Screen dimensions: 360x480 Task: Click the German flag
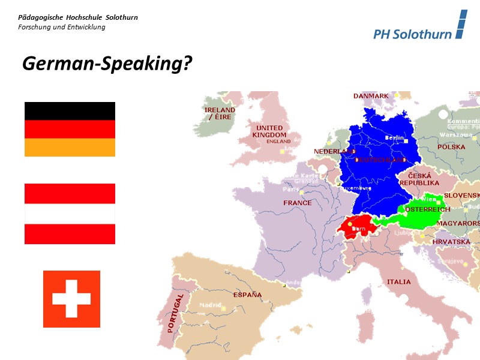70,129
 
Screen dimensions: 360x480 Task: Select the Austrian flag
70,214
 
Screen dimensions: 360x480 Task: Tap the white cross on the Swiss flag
71,299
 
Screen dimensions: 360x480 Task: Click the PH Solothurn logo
419,27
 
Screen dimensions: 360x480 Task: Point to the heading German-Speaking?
107,64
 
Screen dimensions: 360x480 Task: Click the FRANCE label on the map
298,203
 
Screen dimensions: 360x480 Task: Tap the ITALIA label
399,281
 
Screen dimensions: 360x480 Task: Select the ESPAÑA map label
247,295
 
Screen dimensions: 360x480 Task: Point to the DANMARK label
371,96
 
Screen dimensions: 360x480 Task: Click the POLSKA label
451,147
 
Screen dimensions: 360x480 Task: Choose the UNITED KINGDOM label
269,131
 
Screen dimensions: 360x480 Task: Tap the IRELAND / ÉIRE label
220,114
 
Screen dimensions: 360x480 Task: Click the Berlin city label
394,137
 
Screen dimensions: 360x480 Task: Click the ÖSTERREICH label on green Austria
427,210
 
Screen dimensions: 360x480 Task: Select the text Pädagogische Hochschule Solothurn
78,17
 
